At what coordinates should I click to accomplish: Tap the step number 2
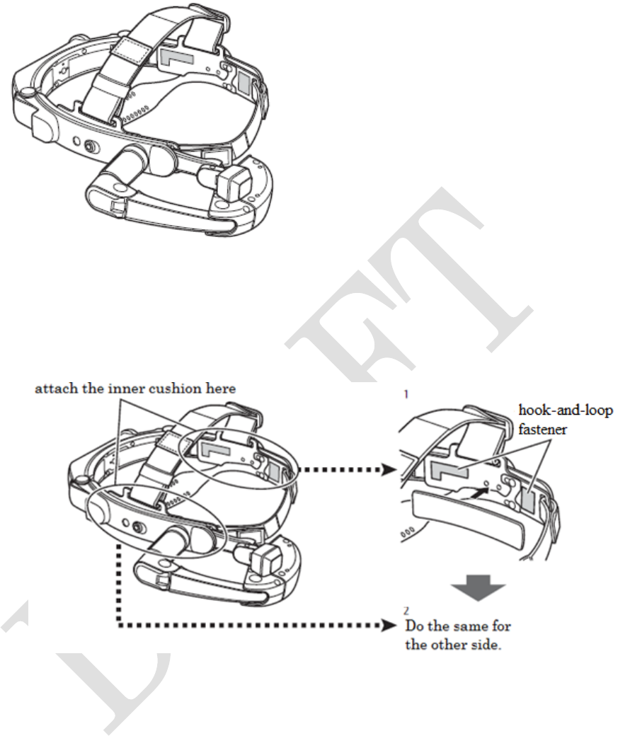(x=406, y=609)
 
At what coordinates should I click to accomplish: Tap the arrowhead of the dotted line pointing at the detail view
(x=388, y=468)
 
